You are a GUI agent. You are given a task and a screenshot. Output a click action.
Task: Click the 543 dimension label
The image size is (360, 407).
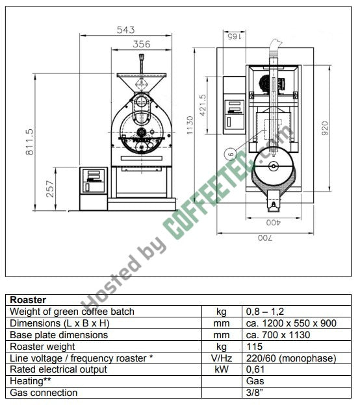click(126, 30)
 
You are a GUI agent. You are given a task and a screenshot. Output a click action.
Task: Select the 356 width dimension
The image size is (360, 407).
click(142, 44)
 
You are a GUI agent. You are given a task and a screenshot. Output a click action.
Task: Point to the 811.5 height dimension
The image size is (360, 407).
click(30, 142)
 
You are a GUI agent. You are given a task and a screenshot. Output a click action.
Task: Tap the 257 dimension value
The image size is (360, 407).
click(50, 189)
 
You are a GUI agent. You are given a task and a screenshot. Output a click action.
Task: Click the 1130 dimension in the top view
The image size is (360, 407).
click(190, 125)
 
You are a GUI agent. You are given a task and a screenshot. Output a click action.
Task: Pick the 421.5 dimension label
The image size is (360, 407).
click(203, 105)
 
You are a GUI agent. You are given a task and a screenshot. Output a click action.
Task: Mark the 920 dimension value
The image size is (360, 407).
click(325, 128)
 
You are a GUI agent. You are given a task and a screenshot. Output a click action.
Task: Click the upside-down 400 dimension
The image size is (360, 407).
click(273, 223)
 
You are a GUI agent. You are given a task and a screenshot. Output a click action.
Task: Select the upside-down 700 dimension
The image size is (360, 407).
click(265, 238)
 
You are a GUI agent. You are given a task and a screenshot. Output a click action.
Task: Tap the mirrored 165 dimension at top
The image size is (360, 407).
click(234, 36)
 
